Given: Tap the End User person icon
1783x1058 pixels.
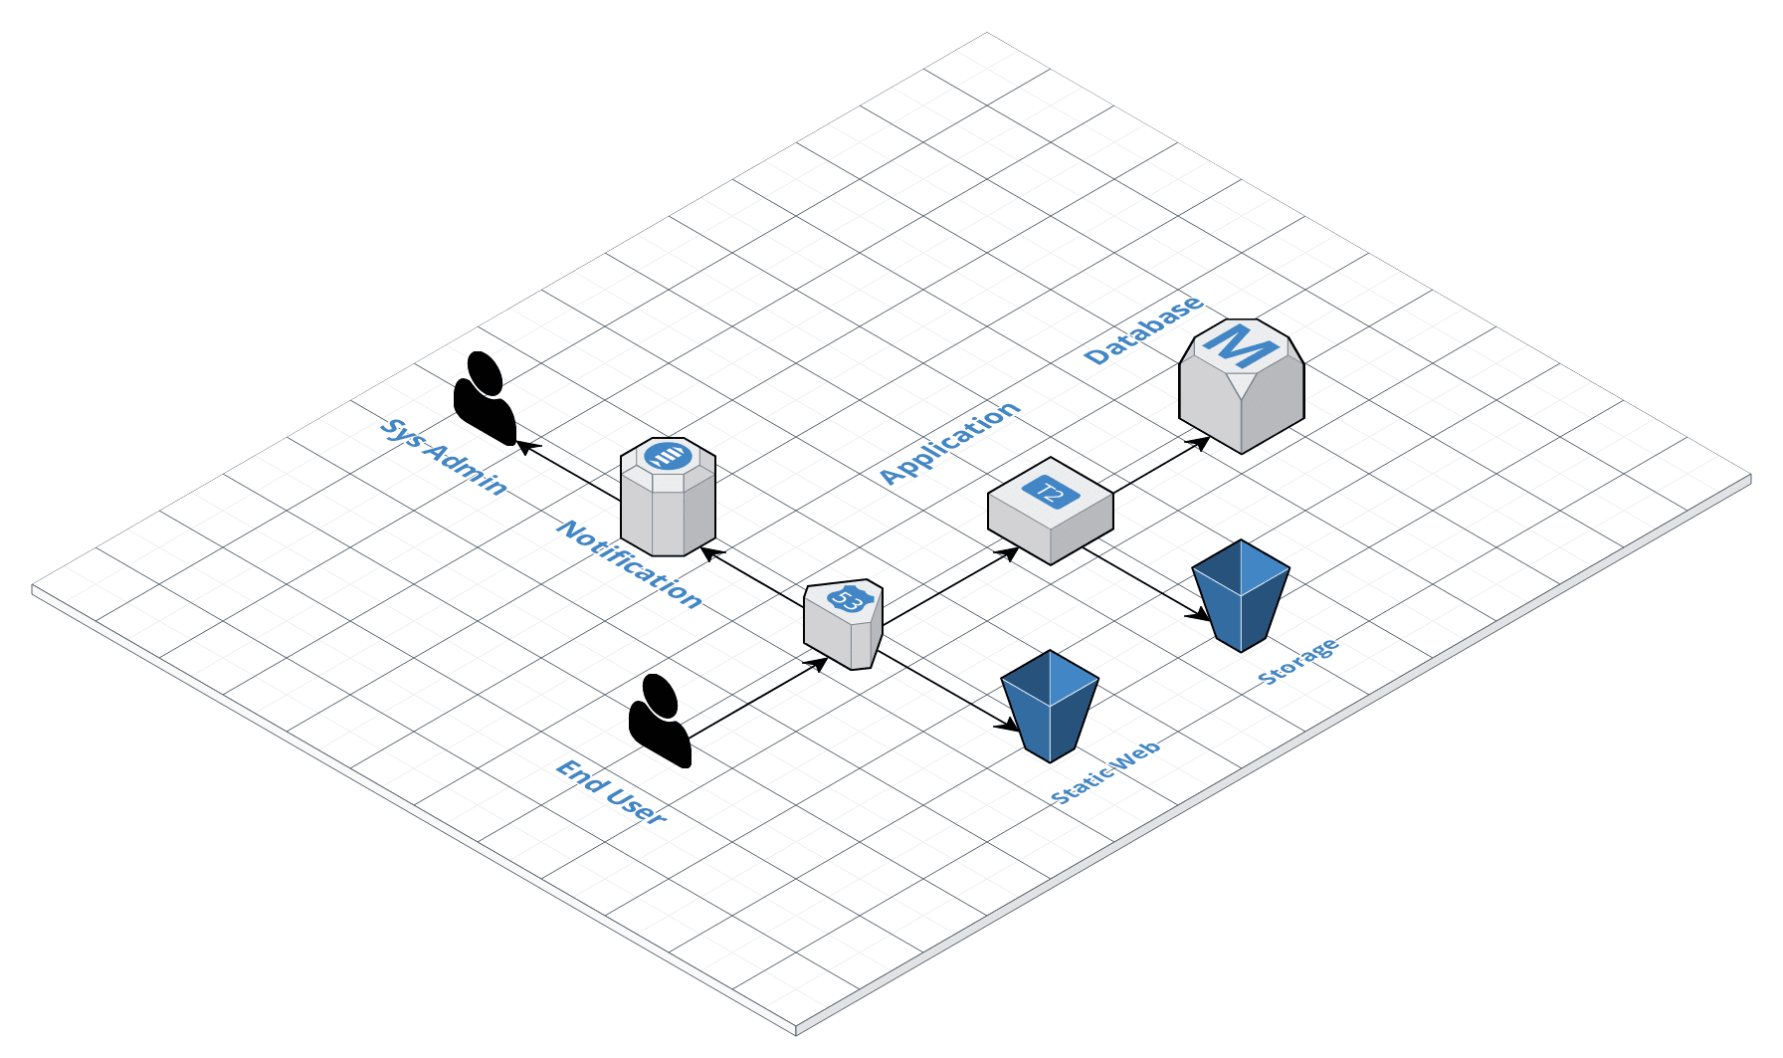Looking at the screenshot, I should (659, 721).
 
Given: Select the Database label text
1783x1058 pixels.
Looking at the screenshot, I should (1144, 329).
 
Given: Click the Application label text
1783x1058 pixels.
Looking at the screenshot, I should (950, 443).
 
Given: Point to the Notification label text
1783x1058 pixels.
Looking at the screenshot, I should (630, 563).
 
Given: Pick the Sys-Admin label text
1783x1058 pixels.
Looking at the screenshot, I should (444, 457).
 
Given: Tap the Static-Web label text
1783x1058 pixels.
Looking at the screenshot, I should (1105, 772).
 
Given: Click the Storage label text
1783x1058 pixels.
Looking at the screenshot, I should (1298, 662).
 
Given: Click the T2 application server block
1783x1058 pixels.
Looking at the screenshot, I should (1050, 511).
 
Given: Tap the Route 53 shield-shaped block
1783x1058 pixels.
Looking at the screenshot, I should (843, 625).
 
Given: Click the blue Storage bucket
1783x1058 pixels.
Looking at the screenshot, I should (1241, 595).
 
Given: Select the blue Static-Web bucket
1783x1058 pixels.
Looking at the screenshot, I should (1050, 706).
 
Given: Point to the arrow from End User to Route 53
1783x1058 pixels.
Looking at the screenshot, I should (756, 699).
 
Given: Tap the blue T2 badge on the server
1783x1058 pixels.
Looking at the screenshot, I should (1051, 492).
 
